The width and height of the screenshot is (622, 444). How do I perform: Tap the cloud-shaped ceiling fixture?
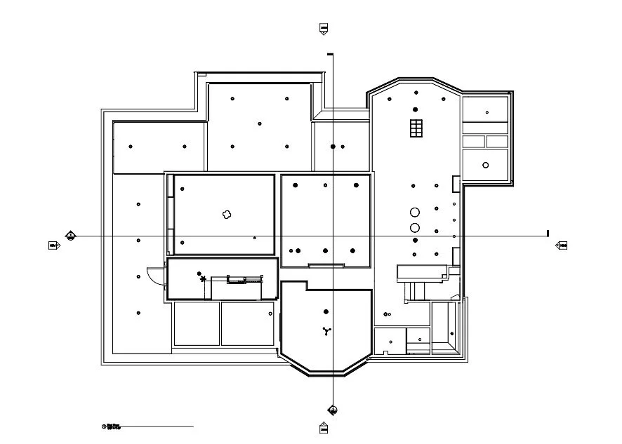(x=226, y=215)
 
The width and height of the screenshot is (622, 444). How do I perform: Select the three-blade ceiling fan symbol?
(x=326, y=331)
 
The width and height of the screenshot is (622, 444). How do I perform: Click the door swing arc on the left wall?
(x=151, y=276)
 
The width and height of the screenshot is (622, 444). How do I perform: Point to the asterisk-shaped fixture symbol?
(x=204, y=279)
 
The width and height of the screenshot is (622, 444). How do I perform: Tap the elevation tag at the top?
(x=324, y=29)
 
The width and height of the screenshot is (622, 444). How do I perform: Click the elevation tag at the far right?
(x=562, y=245)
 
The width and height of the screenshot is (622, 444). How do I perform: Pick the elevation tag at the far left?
(x=53, y=245)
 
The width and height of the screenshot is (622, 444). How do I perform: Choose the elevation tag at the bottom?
(x=324, y=427)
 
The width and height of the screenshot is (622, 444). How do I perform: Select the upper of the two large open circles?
(x=415, y=212)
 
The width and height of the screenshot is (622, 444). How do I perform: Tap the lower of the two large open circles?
(x=415, y=227)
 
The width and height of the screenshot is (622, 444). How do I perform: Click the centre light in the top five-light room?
(x=260, y=123)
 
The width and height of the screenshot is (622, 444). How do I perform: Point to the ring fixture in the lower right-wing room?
(x=485, y=165)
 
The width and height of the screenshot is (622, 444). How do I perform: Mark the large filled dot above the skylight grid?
(x=416, y=109)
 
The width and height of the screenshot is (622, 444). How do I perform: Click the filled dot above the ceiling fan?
(x=326, y=311)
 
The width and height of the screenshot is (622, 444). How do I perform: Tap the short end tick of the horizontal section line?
(x=548, y=234)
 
